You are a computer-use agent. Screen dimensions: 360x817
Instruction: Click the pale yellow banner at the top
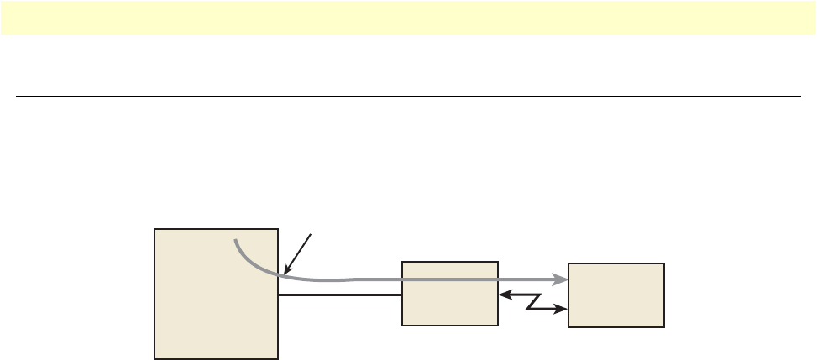[408, 18]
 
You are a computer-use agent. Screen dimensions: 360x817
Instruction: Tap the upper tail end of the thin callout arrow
[312, 236]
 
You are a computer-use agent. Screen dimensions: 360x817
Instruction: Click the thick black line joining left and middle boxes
[340, 295]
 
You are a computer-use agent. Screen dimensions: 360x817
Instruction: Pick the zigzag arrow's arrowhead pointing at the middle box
[502, 295]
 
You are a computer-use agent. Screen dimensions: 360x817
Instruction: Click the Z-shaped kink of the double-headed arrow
[532, 302]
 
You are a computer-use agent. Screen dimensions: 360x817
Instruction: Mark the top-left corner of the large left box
[155, 228]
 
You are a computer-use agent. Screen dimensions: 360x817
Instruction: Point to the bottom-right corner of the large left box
[278, 358]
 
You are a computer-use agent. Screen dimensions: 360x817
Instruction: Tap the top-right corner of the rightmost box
[664, 263]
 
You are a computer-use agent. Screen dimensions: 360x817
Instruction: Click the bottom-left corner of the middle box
[403, 325]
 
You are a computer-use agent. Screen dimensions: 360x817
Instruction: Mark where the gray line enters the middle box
[403, 278]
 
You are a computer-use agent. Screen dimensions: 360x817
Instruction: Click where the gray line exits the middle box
[497, 278]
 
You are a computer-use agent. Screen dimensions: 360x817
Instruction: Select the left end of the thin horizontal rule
[17, 96]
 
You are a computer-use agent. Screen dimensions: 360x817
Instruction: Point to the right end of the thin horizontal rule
[800, 96]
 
